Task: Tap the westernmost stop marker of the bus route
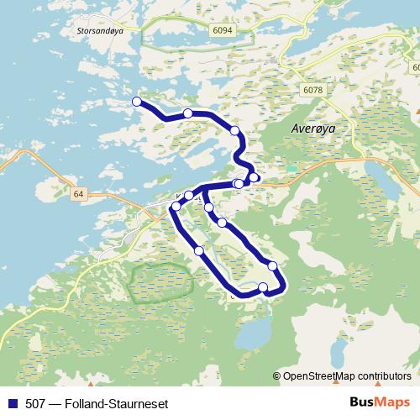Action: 137,102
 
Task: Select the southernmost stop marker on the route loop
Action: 264,288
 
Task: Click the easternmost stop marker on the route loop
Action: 272,266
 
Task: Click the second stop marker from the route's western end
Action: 188,113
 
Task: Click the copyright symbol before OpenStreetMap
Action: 277,376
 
